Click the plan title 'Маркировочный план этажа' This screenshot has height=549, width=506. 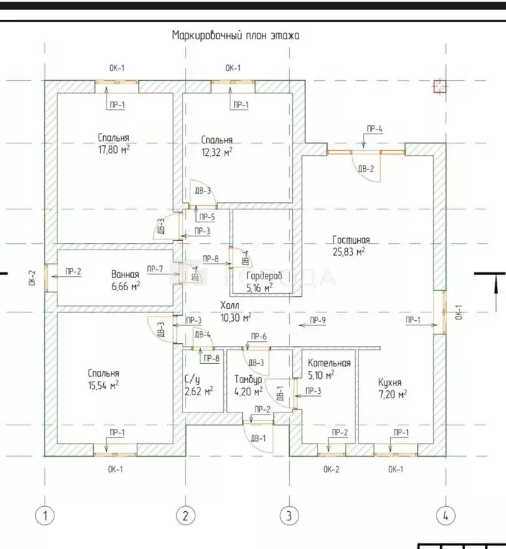pyautogui.click(x=235, y=34)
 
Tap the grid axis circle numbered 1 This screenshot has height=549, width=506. pyautogui.click(x=45, y=515)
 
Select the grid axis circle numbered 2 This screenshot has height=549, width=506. pyautogui.click(x=185, y=515)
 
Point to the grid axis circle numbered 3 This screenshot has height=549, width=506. pyautogui.click(x=288, y=515)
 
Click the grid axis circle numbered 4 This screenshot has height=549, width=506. pyautogui.click(x=445, y=515)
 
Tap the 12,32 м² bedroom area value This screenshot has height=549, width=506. pyautogui.click(x=217, y=152)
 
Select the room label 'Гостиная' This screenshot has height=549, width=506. pyautogui.click(x=351, y=239)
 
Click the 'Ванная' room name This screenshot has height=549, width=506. pyautogui.click(x=125, y=274)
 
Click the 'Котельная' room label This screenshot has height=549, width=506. pyautogui.click(x=329, y=362)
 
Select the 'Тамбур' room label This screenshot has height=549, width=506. pyautogui.click(x=247, y=379)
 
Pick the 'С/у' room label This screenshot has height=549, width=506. pyautogui.click(x=192, y=379)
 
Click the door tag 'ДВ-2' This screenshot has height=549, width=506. pyautogui.click(x=366, y=169)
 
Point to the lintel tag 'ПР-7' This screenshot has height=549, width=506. pyautogui.click(x=155, y=269)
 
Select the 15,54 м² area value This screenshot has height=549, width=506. pyautogui.click(x=104, y=385)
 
